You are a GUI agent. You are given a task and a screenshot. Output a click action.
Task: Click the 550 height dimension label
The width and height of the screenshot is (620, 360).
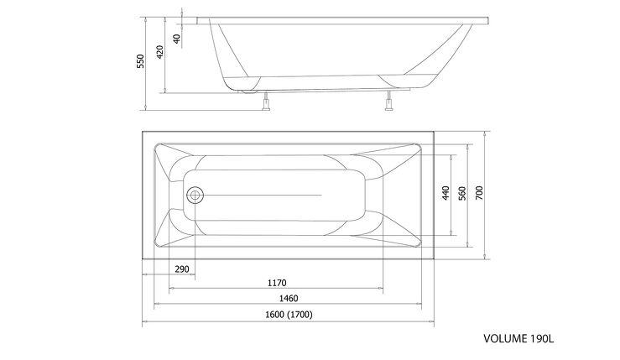tap(141, 61)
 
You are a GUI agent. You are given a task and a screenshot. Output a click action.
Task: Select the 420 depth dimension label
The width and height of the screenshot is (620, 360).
tap(159, 52)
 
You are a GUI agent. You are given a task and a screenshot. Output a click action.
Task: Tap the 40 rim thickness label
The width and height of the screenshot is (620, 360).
tap(177, 39)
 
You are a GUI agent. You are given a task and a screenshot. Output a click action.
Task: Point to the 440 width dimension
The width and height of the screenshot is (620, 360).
tap(445, 193)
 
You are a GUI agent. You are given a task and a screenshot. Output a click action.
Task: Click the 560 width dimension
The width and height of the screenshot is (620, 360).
tap(462, 193)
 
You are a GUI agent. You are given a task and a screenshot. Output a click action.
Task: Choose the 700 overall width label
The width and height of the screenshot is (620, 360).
tap(479, 193)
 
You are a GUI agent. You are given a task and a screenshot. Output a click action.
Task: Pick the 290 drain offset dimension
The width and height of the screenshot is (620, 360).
tap(182, 269)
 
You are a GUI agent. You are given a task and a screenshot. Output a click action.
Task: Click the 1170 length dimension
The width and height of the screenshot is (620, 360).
tap(277, 284)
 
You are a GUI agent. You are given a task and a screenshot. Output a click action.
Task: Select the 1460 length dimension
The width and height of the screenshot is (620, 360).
tap(289, 299)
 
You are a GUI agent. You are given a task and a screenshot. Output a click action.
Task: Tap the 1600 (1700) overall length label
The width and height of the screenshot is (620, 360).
tap(289, 315)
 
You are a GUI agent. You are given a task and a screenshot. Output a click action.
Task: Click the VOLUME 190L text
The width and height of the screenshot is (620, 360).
tap(518, 339)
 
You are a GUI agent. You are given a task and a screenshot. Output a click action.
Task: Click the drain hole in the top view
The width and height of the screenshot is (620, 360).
tap(195, 195)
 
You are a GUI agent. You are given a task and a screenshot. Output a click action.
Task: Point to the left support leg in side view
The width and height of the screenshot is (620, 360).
tap(266, 102)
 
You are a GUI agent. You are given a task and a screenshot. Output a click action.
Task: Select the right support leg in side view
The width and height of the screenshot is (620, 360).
tap(389, 101)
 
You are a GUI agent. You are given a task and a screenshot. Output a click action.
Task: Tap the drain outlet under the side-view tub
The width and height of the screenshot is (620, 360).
tap(248, 91)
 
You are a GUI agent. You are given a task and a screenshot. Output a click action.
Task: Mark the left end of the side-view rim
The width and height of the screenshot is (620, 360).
tap(197, 21)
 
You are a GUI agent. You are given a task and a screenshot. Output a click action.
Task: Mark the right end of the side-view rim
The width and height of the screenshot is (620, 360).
tap(489, 21)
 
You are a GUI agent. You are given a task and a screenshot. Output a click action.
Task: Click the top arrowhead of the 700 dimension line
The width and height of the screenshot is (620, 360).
tap(485, 133)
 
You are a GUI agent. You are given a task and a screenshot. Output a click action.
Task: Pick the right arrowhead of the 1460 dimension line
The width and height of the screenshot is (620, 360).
tap(419, 304)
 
